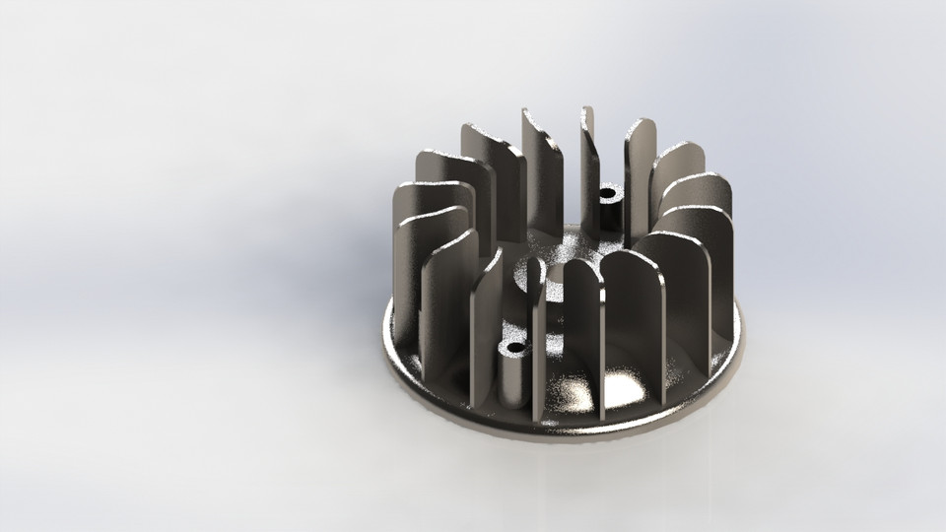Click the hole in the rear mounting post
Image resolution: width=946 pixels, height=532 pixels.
pyautogui.click(x=607, y=192)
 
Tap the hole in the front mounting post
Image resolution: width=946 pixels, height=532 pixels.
pyautogui.click(x=513, y=349)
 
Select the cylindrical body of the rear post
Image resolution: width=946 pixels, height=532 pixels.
pyautogui.click(x=611, y=212)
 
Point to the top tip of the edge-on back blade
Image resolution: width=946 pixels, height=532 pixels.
pyautogui.click(x=587, y=109)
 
